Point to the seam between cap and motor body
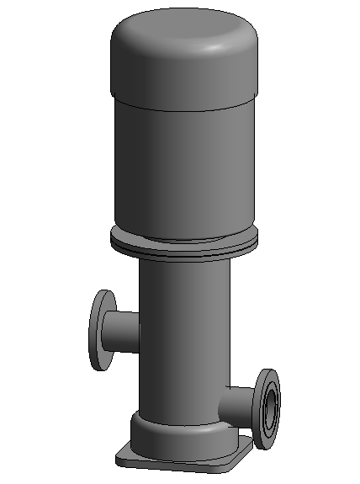181,104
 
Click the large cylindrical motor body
181,168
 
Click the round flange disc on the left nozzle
102,330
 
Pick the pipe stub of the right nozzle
240,403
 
